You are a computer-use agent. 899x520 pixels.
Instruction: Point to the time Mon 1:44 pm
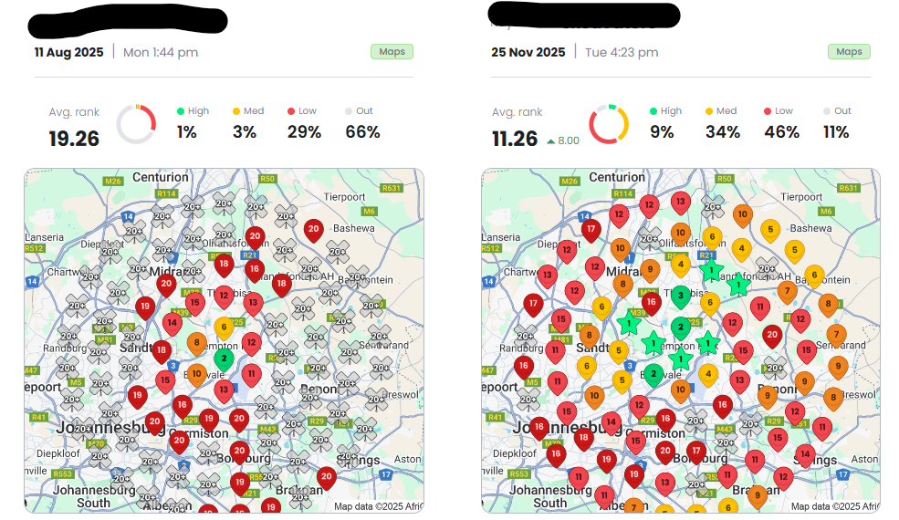[161, 52]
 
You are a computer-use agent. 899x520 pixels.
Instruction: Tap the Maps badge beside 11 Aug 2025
[392, 52]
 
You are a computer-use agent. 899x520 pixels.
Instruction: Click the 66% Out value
[362, 132]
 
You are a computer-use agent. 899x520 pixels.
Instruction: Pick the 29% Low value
[304, 132]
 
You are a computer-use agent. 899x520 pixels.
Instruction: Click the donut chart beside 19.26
[135, 124]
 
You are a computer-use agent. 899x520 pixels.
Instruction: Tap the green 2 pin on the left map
[224, 358]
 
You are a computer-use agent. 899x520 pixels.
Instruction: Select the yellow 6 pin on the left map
[224, 326]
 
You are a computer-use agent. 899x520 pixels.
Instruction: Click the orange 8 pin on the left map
[197, 343]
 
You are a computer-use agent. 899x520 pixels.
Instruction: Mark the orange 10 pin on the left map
[197, 372]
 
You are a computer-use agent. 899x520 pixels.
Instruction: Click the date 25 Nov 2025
[528, 52]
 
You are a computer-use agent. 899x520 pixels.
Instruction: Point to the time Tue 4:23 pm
[622, 52]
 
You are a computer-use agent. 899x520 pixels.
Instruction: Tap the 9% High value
[662, 132]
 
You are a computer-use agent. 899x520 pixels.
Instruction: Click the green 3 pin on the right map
[680, 295]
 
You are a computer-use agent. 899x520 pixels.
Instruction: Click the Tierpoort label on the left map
[346, 196]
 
